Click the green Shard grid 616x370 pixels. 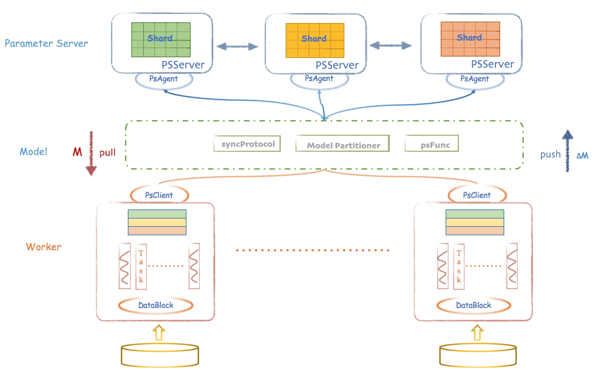[161, 40]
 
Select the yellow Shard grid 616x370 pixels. [315, 40]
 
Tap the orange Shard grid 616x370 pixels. [470, 39]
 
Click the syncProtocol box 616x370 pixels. [247, 144]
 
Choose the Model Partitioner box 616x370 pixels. [343, 143]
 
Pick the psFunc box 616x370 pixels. [432, 143]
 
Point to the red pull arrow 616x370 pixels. [91, 153]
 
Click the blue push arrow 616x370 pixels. [568, 151]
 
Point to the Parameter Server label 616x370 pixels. [46, 43]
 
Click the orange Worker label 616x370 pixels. [44, 247]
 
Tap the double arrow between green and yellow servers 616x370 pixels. [237, 46]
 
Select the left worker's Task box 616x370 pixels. [141, 267]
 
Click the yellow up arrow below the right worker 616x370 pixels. [477, 333]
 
